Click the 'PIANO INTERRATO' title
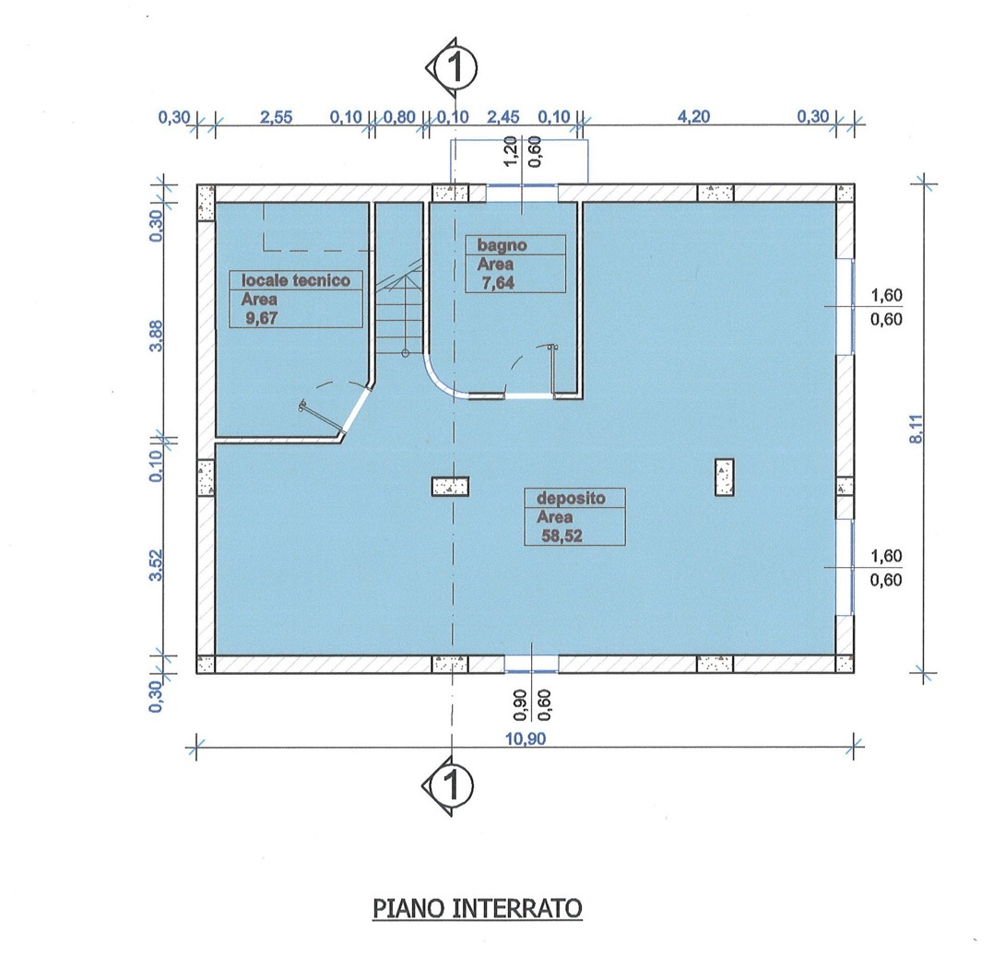pyautogui.click(x=477, y=908)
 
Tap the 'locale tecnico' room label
pyautogui.click(x=296, y=280)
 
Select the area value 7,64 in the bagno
pyautogui.click(x=499, y=283)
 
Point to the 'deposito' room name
pyautogui.click(x=571, y=498)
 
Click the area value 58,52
pyautogui.click(x=562, y=537)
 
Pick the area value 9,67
pyautogui.click(x=262, y=318)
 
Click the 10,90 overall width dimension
pyautogui.click(x=526, y=738)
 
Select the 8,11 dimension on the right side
pyautogui.click(x=916, y=429)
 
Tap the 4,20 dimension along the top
pyautogui.click(x=693, y=116)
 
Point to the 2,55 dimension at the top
pyautogui.click(x=276, y=117)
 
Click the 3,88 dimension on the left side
pyautogui.click(x=156, y=336)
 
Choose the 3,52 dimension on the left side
pyautogui.click(x=156, y=565)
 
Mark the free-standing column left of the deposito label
pyautogui.click(x=450, y=486)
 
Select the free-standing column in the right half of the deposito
pyautogui.click(x=725, y=478)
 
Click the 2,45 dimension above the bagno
pyautogui.click(x=502, y=117)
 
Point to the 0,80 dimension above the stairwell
pyautogui.click(x=399, y=117)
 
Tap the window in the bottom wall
pyautogui.click(x=531, y=664)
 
